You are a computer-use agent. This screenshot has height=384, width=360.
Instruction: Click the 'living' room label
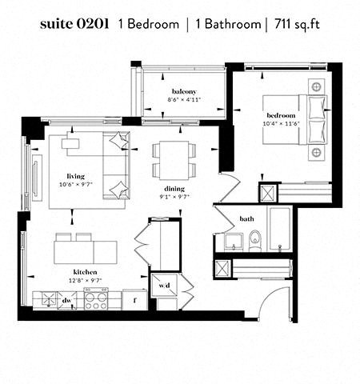pos(76,176)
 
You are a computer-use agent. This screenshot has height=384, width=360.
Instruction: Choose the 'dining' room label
pos(174,188)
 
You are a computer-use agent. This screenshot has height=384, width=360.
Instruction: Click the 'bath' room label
pos(247,218)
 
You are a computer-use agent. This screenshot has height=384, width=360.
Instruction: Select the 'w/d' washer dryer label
pos(165,285)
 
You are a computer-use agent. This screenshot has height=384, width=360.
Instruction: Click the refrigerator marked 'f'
pos(135,301)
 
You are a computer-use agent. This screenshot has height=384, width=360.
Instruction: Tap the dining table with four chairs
pos(174,159)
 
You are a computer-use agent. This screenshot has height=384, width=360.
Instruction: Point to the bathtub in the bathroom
pos(281,230)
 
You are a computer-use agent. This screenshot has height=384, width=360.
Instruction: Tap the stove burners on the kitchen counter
pos(97,301)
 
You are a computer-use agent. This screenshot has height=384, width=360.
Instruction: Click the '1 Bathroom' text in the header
pos(228,25)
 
